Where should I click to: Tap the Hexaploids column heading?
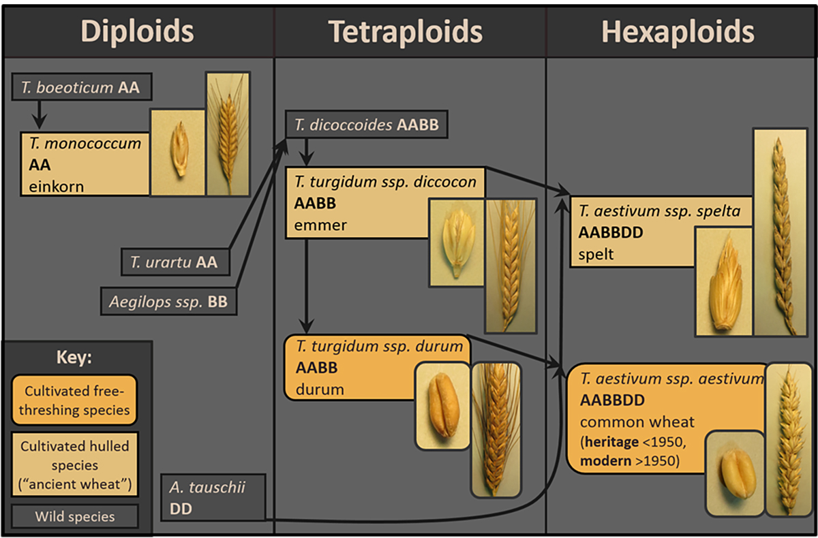click(678, 32)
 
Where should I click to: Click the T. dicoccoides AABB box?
click(366, 125)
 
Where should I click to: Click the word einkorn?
click(57, 186)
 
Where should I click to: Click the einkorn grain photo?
click(179, 152)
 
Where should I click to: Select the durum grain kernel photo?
click(442, 406)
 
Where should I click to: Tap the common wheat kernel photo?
click(733, 473)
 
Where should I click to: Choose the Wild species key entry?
click(75, 517)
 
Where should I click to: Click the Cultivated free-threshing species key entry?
click(74, 401)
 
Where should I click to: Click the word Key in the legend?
click(76, 358)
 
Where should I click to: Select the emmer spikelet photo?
click(456, 242)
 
